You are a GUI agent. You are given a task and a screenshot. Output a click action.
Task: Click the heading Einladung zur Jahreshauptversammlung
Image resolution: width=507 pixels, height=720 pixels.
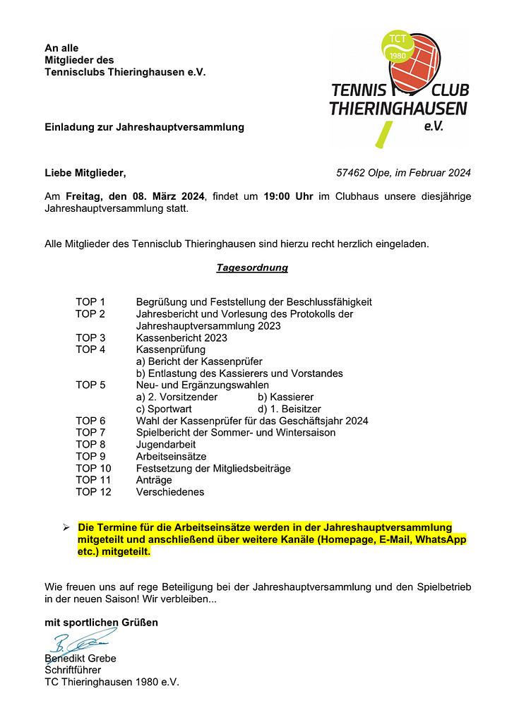pos(144,127)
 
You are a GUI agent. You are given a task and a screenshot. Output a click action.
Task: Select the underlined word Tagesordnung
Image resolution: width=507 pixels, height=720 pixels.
pos(252,268)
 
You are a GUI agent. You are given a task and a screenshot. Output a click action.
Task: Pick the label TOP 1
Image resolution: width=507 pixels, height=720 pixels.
pos(90,302)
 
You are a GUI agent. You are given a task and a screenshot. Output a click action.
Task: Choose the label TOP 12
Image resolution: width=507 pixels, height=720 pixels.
pos(93,492)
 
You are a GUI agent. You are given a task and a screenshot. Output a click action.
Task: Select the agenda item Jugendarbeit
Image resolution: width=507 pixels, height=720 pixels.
pos(166,445)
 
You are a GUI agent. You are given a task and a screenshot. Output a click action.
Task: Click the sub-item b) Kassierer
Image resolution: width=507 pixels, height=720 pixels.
pos(286,397)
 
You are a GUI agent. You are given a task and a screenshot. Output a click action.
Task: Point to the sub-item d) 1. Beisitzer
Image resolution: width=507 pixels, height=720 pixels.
pos(290,409)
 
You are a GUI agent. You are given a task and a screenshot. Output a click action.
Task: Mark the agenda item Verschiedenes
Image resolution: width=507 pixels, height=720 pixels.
pos(170,492)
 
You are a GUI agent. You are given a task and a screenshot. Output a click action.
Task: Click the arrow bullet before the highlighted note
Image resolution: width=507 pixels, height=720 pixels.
pos(65,527)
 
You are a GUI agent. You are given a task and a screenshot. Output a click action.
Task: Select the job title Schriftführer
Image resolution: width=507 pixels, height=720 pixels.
pos(73,670)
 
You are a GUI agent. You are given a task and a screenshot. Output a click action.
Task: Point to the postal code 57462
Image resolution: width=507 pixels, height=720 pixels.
pos(351,172)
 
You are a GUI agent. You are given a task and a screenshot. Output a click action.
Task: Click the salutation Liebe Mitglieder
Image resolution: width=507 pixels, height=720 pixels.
pos(85,172)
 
